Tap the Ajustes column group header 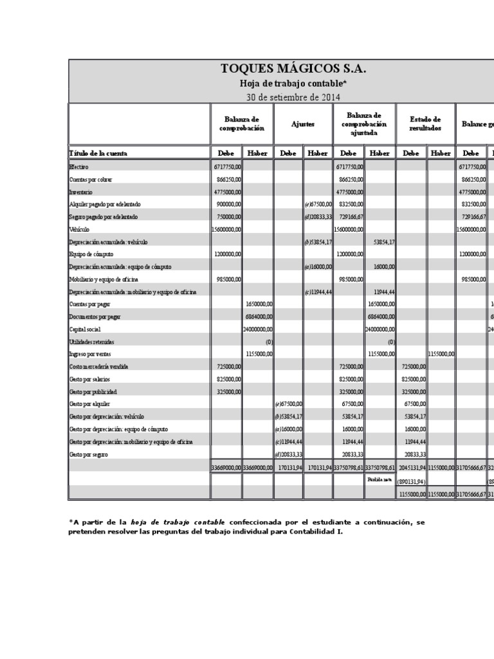point(303,124)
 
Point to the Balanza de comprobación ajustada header point(364,124)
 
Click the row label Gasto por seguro point(89,454)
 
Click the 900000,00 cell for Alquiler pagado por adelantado point(228,204)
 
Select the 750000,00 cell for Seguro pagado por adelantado point(228,216)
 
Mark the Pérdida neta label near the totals point(379,479)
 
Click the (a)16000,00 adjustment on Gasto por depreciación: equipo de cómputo point(289,429)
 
